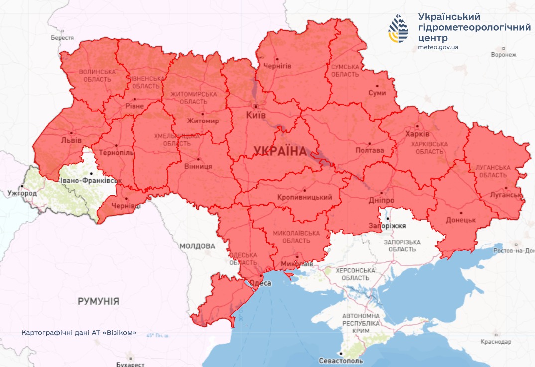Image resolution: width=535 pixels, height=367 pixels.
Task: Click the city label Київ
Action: pyautogui.click(x=256, y=115)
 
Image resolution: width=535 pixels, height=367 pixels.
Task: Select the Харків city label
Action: pyautogui.click(x=417, y=135)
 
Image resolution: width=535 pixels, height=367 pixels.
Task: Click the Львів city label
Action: pyautogui.click(x=71, y=140)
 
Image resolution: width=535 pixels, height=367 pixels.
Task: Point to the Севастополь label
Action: pyautogui.click(x=341, y=361)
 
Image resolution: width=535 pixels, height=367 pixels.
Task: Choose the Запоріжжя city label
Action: pyautogui.click(x=384, y=226)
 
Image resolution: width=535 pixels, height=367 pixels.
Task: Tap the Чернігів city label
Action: pyautogui.click(x=277, y=66)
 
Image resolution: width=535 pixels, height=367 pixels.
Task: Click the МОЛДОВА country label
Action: pyautogui.click(x=197, y=246)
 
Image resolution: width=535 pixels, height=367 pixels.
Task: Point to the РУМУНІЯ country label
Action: pyautogui.click(x=98, y=301)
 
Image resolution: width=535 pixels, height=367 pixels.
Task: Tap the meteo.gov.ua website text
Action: pyautogui.click(x=438, y=47)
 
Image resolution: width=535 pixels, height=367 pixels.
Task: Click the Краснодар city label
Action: pyautogui.click(x=496, y=342)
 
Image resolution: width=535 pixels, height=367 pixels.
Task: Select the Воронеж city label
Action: pyautogui.click(x=503, y=55)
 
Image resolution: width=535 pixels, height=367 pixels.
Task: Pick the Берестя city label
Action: pyautogui.click(x=62, y=38)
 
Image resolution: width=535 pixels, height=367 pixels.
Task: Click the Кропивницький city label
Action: pyautogui.click(x=305, y=198)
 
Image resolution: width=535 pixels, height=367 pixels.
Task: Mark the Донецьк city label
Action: pyautogui.click(x=461, y=219)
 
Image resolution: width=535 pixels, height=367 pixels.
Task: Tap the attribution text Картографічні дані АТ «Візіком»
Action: pyautogui.click(x=79, y=332)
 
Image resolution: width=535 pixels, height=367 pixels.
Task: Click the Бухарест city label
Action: pyautogui.click(x=130, y=364)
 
